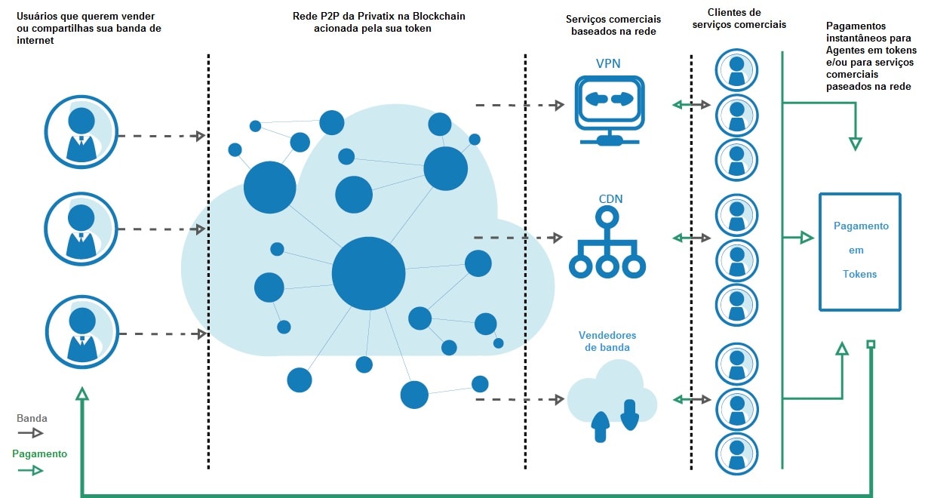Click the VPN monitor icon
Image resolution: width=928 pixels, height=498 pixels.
pyautogui.click(x=609, y=108)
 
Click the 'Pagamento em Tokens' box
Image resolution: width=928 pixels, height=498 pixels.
pyautogui.click(x=860, y=251)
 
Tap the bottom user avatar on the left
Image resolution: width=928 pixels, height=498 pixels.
pyautogui.click(x=81, y=331)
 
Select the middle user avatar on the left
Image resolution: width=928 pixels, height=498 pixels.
pyautogui.click(x=81, y=228)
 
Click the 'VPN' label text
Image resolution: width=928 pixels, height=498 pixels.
pyautogui.click(x=608, y=63)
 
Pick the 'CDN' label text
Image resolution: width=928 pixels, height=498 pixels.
pyautogui.click(x=610, y=199)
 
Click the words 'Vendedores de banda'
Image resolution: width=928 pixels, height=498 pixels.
pyautogui.click(x=607, y=341)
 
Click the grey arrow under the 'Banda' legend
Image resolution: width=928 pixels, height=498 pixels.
pyautogui.click(x=31, y=433)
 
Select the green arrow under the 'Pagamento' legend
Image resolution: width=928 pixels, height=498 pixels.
pyautogui.click(x=31, y=470)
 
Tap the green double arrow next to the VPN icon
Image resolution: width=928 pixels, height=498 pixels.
pyautogui.click(x=691, y=105)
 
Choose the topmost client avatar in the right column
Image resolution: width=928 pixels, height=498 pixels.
pyautogui.click(x=737, y=71)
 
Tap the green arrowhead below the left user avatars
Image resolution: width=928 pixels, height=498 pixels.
pyautogui.click(x=81, y=394)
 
